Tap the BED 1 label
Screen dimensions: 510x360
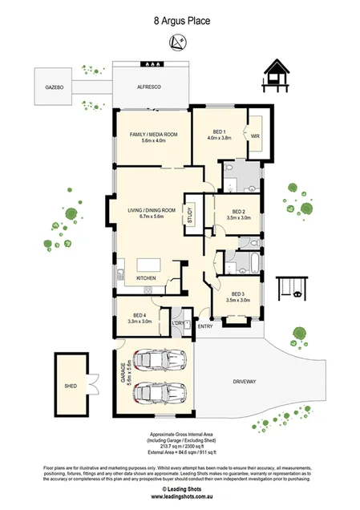(x=221, y=131)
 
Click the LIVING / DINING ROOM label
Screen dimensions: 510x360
(x=151, y=210)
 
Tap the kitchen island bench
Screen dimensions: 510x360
(x=149, y=265)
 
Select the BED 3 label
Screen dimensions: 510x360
(x=237, y=293)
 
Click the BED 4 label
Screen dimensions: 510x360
(x=140, y=315)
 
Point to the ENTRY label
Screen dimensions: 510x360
(x=205, y=326)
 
